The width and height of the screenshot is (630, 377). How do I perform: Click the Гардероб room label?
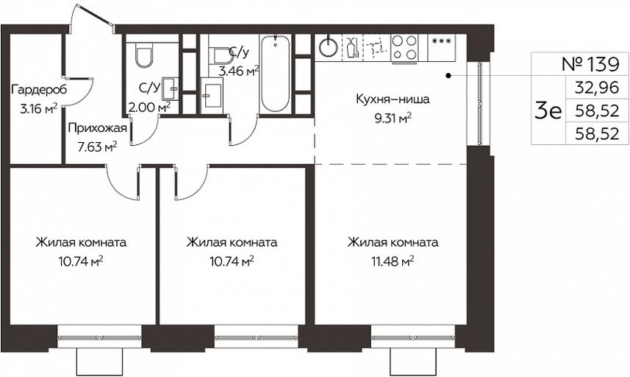(38, 90)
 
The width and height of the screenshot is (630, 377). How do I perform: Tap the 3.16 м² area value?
(38, 108)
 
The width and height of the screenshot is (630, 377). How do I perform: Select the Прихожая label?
(97, 129)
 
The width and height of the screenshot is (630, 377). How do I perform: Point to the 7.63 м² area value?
(97, 147)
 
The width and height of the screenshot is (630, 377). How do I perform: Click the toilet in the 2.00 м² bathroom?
(144, 55)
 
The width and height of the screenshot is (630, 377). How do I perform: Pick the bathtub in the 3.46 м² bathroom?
(275, 74)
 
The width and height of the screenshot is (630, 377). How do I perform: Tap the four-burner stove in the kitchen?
(404, 48)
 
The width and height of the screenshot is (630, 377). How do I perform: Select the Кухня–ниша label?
(393, 99)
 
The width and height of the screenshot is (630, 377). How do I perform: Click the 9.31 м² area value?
(393, 119)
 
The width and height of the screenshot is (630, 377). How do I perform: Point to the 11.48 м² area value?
(393, 262)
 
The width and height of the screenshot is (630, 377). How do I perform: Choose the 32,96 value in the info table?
(597, 88)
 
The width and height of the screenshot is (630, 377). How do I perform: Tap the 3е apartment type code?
(548, 111)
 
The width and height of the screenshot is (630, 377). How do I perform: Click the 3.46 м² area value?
(238, 71)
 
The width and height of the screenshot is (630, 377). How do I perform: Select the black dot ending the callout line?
(449, 75)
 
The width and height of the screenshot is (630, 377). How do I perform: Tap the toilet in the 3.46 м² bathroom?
(221, 56)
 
